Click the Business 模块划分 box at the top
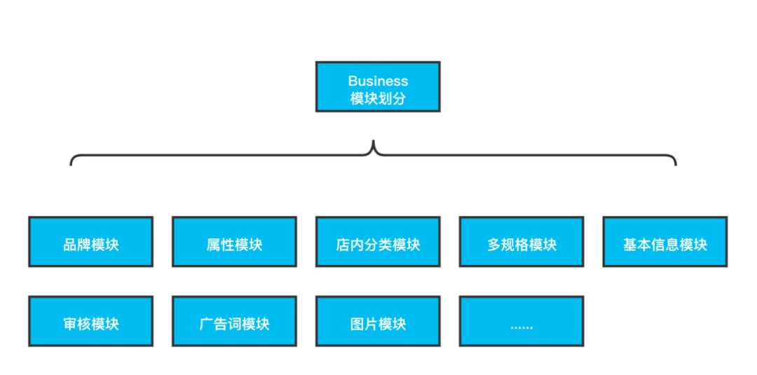pos(378,87)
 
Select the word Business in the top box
pos(378,81)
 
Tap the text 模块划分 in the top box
pos(378,99)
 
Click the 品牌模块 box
pos(91,242)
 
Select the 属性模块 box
pos(235,242)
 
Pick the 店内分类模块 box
pos(378,242)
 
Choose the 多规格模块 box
pos(521,242)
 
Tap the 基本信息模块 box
pos(665,242)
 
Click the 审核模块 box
pos(91,322)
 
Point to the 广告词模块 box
pos(235,322)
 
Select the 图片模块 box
pos(378,322)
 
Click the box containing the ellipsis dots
pos(521,322)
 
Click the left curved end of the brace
pos(71,162)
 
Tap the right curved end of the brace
pos(675,162)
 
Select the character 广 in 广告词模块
pos(206,325)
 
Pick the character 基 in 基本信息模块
pos(629,245)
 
